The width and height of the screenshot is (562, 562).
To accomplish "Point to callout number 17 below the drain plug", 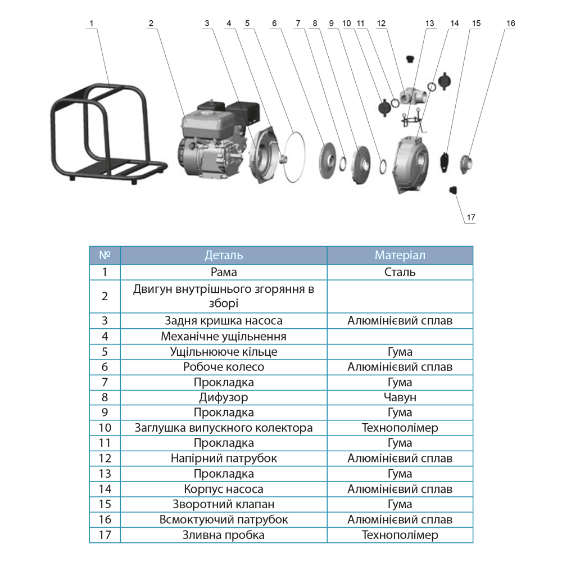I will [x=470, y=217].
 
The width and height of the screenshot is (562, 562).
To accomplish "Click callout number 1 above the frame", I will [x=92, y=24].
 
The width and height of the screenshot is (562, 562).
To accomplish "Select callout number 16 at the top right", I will [x=510, y=24].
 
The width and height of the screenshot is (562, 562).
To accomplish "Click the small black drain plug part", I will [x=453, y=191].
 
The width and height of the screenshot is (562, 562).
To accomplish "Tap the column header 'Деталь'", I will [x=224, y=255].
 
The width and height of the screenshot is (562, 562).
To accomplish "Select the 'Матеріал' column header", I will [x=400, y=255].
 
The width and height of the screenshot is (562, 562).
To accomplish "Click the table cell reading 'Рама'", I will [x=224, y=272].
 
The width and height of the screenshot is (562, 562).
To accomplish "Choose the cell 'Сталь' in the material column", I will [x=400, y=272].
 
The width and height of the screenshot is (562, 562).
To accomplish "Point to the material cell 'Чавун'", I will [x=400, y=397].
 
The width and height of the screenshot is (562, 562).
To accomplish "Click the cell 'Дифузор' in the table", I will [x=224, y=397].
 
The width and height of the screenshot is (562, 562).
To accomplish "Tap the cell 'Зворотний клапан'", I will [x=224, y=504].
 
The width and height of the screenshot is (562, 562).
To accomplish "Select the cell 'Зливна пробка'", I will [x=224, y=535].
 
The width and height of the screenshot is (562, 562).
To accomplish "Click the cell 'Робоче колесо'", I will [x=224, y=367].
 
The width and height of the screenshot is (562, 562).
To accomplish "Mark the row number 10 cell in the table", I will [x=105, y=428].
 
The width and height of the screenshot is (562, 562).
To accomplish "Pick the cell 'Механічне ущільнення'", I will [x=224, y=337].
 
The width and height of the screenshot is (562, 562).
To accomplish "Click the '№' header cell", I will [x=105, y=255].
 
